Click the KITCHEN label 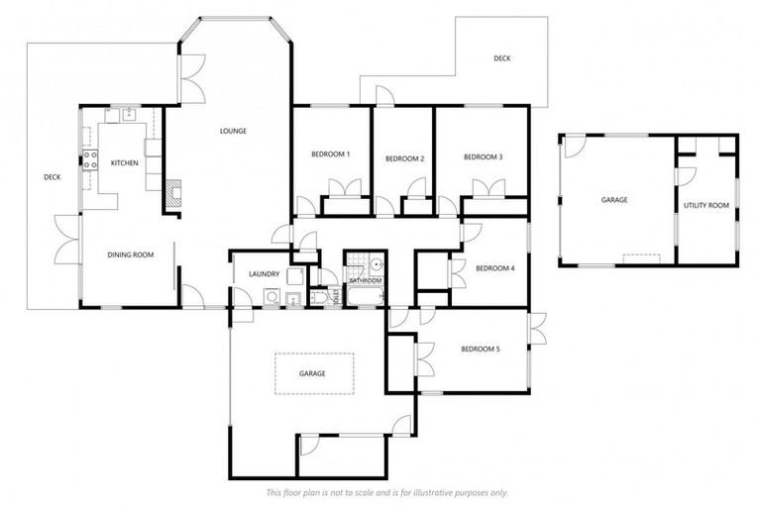pos(124,162)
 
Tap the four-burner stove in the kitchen pos(89,159)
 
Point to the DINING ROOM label pos(131,255)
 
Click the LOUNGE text pos(233,131)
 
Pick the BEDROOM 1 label pos(330,154)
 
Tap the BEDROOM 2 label pos(404,158)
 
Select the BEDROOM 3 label pos(484,156)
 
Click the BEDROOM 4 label pos(494,268)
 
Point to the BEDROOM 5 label pos(478,349)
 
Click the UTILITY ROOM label pos(706,205)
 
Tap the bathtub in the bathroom pos(363,296)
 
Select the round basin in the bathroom pos(376,264)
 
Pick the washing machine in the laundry pos(271,296)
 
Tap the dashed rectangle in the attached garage pos(314,373)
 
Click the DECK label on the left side pos(53,178)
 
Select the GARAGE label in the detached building pos(613,200)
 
